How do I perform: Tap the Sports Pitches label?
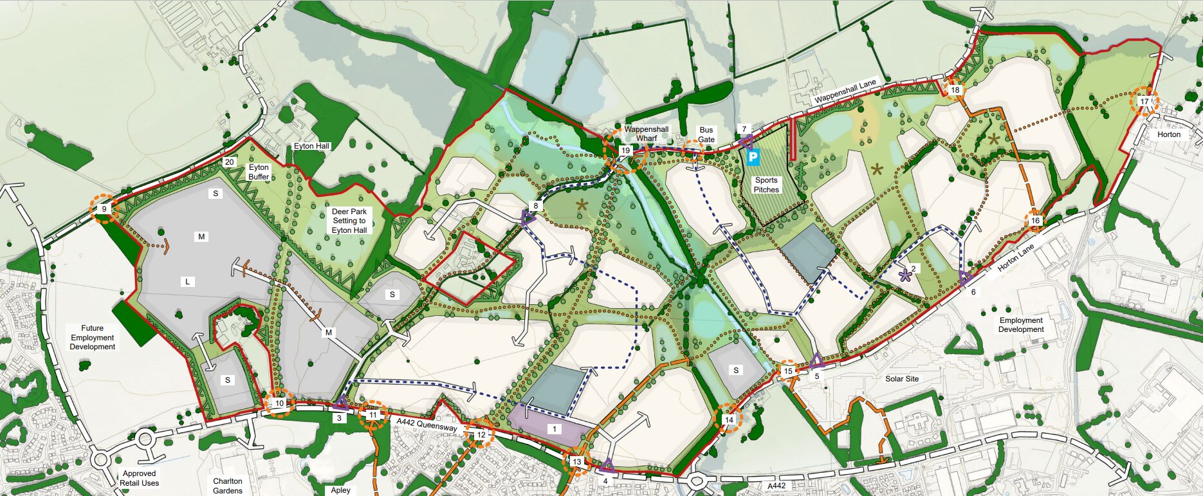point(766,185)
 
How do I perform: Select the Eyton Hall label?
point(311,146)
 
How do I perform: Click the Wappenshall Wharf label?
point(646,134)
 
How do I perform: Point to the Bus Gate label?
point(706,134)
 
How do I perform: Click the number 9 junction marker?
point(104,209)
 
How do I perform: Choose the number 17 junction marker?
point(1144,102)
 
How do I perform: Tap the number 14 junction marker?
point(729,419)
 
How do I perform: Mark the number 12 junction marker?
point(481,435)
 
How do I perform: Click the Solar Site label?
point(902,379)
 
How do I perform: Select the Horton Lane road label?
point(1016,257)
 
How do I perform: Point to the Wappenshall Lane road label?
point(845,92)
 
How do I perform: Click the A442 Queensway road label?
point(427,424)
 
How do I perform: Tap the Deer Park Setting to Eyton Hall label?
point(349,221)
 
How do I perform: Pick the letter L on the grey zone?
point(188,282)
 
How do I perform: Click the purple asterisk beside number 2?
point(905,276)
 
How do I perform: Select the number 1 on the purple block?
point(555,429)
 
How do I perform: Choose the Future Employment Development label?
point(93,337)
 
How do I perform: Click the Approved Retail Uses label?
point(139,478)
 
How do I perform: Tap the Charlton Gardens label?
point(228,486)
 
